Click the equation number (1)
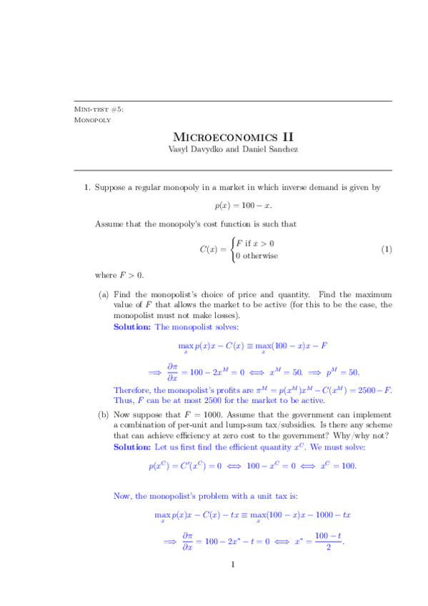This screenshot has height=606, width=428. (x=387, y=249)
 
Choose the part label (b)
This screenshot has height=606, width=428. (x=104, y=414)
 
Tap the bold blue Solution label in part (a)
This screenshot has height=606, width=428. (x=132, y=326)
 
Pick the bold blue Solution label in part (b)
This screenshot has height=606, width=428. (x=132, y=446)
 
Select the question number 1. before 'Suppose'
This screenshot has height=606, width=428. (x=86, y=188)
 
